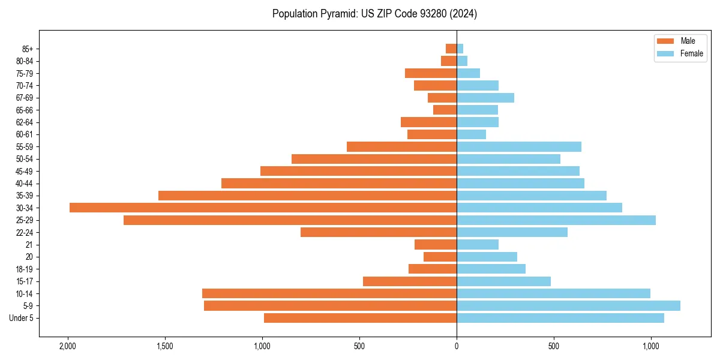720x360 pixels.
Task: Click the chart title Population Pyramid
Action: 374,14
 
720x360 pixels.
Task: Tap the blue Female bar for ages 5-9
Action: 568,305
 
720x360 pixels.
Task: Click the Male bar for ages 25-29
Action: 290,220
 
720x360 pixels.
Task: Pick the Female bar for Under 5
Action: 560,318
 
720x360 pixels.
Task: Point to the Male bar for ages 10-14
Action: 329,293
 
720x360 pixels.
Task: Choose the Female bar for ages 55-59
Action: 519,146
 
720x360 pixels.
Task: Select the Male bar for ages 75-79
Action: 431,73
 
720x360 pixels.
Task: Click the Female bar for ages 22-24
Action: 512,232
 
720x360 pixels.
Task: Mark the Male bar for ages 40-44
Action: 339,183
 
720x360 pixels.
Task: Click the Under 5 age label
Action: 21,318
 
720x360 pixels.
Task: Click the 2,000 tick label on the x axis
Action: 68,346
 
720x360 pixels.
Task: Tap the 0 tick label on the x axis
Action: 457,346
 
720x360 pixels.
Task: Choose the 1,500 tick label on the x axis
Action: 165,346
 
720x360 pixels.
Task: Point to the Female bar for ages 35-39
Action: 532,196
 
